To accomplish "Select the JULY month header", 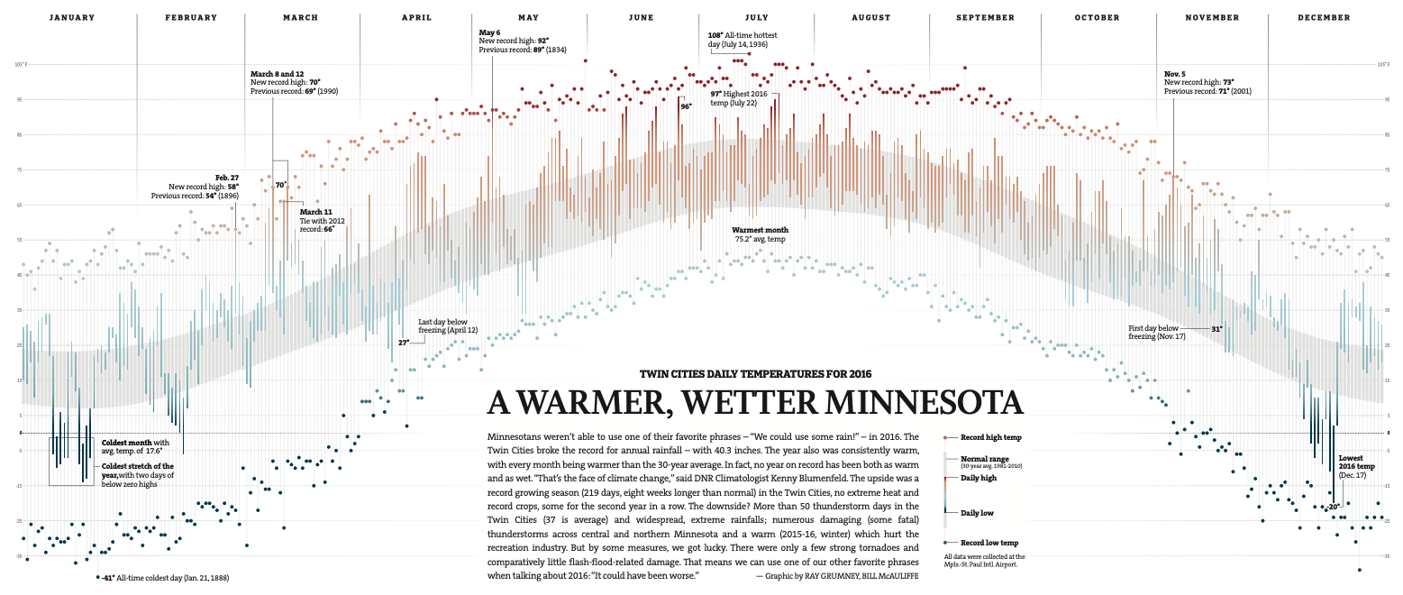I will [756, 18].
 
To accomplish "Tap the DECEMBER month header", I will [1324, 18].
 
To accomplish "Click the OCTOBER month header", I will [1097, 18].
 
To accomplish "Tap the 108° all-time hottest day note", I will [738, 40].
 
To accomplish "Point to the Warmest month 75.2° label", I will [760, 234].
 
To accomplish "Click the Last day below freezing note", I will [448, 325].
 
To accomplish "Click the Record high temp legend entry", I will [989, 437].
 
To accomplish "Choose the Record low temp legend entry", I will [988, 543].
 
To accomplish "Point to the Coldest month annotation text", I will [135, 446].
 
